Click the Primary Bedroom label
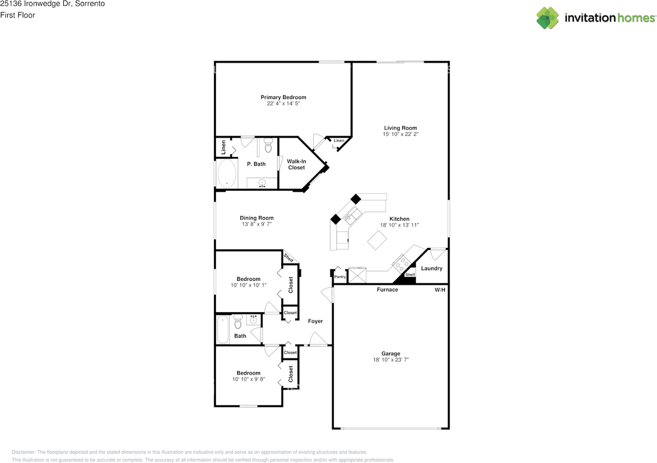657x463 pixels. click(x=283, y=97)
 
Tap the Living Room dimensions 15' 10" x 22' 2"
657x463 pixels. click(x=400, y=134)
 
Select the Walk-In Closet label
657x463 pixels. click(x=296, y=164)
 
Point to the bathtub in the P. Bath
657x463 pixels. click(x=227, y=173)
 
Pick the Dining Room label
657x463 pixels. click(x=257, y=218)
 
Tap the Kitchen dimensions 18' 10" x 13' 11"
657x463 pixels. click(x=399, y=225)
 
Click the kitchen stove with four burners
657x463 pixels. click(x=401, y=263)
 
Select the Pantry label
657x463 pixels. click(x=340, y=277)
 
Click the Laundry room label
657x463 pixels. click(x=432, y=268)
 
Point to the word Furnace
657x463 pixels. click(x=388, y=290)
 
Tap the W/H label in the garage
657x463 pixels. click(x=440, y=290)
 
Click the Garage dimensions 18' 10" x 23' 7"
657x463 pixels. click(x=391, y=360)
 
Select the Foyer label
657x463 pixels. click(x=315, y=321)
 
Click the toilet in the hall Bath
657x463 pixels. click(x=238, y=321)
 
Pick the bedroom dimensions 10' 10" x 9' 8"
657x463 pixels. click(x=248, y=379)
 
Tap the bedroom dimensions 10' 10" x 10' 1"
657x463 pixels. click(x=248, y=285)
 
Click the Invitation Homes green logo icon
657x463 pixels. click(x=548, y=18)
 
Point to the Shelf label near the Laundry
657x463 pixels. click(x=410, y=275)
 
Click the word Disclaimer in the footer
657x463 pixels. click(x=24, y=452)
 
